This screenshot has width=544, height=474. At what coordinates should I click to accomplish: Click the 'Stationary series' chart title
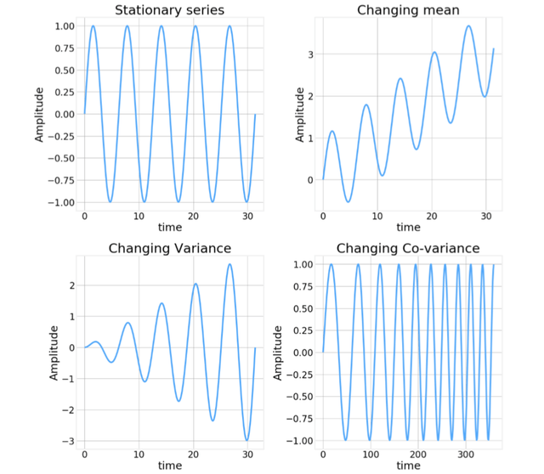169,10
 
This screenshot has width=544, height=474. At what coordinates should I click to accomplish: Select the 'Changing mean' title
408,10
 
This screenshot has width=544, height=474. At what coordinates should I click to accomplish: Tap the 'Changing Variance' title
169,248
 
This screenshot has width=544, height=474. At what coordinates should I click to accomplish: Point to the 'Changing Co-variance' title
408,248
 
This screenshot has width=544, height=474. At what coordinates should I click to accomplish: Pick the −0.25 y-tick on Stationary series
60,136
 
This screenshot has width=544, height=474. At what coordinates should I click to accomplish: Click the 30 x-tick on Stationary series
247,217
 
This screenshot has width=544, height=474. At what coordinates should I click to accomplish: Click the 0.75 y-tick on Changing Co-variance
302,286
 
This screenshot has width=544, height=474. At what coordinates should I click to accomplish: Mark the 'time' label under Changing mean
408,228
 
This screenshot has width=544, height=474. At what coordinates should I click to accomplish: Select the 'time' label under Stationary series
169,228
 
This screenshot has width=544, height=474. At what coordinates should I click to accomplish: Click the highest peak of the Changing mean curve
468,25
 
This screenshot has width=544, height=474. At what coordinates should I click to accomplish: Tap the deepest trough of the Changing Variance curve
246,440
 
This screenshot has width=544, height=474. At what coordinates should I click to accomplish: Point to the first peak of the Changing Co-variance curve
331,264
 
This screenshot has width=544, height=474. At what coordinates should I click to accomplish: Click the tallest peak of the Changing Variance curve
229,264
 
